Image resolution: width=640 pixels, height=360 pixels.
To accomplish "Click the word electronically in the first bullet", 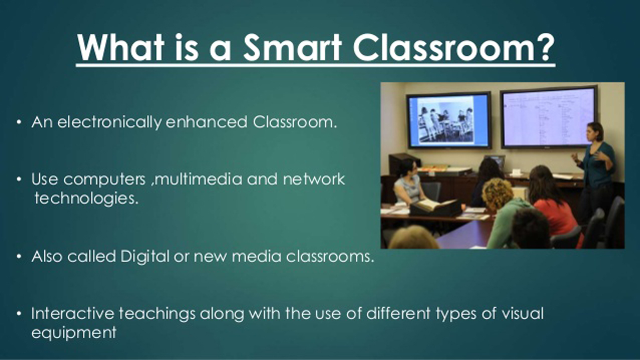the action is point(110,122).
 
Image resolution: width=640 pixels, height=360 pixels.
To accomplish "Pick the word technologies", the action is point(86,198).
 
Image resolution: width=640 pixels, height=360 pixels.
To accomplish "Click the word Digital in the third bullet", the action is point(145,256).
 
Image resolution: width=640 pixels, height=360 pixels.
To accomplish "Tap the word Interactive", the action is point(73,313).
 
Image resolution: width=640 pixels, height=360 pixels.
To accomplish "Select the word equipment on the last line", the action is point(74,332).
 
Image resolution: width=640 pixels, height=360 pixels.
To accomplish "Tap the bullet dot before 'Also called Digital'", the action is point(19,256).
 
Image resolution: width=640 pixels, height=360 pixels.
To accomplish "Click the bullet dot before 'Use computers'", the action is point(19,179).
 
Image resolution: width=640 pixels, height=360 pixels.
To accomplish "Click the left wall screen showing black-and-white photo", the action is point(449,120).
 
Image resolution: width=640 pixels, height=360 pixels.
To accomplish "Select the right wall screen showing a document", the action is point(548,117).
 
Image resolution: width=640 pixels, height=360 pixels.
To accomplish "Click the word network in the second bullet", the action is point(314,179).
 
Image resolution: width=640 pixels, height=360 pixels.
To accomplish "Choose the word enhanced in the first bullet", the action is point(206,122).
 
